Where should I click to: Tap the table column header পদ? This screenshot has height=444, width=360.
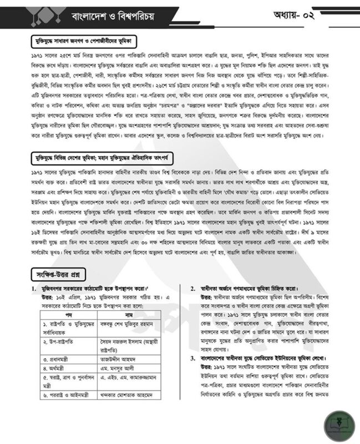click(x=69, y=315)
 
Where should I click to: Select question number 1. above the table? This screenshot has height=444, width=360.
click(x=37, y=290)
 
